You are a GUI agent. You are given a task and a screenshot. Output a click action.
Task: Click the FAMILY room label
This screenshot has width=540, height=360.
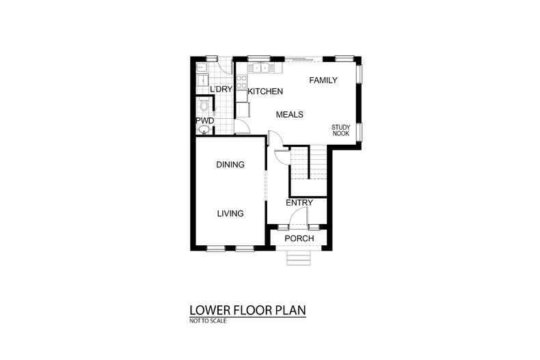(x=323, y=81)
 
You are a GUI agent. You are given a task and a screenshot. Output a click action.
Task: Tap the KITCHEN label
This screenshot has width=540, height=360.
(x=265, y=92)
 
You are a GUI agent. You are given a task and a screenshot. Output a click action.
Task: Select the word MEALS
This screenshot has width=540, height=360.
(x=289, y=115)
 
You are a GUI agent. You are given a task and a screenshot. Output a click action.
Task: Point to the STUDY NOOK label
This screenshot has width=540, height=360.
(x=340, y=130)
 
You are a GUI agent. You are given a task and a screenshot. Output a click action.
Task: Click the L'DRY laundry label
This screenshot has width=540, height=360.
(x=221, y=89)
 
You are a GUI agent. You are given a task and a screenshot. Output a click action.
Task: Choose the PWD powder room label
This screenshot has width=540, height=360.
(x=205, y=121)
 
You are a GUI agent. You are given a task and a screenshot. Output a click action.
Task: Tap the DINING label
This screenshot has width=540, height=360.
(x=230, y=165)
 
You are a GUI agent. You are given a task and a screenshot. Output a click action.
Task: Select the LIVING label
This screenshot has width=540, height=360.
(x=230, y=214)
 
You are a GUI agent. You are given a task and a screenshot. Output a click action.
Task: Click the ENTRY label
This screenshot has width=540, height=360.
(x=299, y=203)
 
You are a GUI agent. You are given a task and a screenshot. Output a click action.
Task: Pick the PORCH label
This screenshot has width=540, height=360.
(x=299, y=238)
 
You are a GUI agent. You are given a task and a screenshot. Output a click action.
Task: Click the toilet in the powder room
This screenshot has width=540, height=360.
(x=203, y=105)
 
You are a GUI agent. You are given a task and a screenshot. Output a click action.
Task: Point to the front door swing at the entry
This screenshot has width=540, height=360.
(x=298, y=219)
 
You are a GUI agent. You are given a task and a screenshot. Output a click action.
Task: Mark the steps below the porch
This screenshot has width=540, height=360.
(x=299, y=258)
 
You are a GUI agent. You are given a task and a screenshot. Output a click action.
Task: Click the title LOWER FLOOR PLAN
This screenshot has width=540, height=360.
(x=247, y=310)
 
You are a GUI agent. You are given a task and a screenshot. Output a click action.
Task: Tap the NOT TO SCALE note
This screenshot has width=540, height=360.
(x=208, y=320)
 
